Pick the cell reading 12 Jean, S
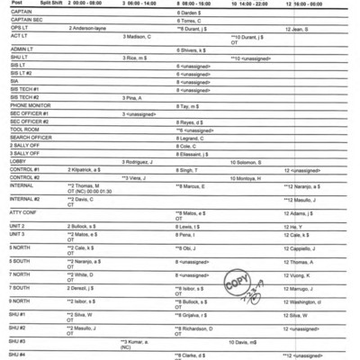(x=299, y=29)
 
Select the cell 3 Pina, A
(x=131, y=97)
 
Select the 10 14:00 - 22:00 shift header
(x=251, y=4)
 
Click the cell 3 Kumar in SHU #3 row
(x=139, y=342)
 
